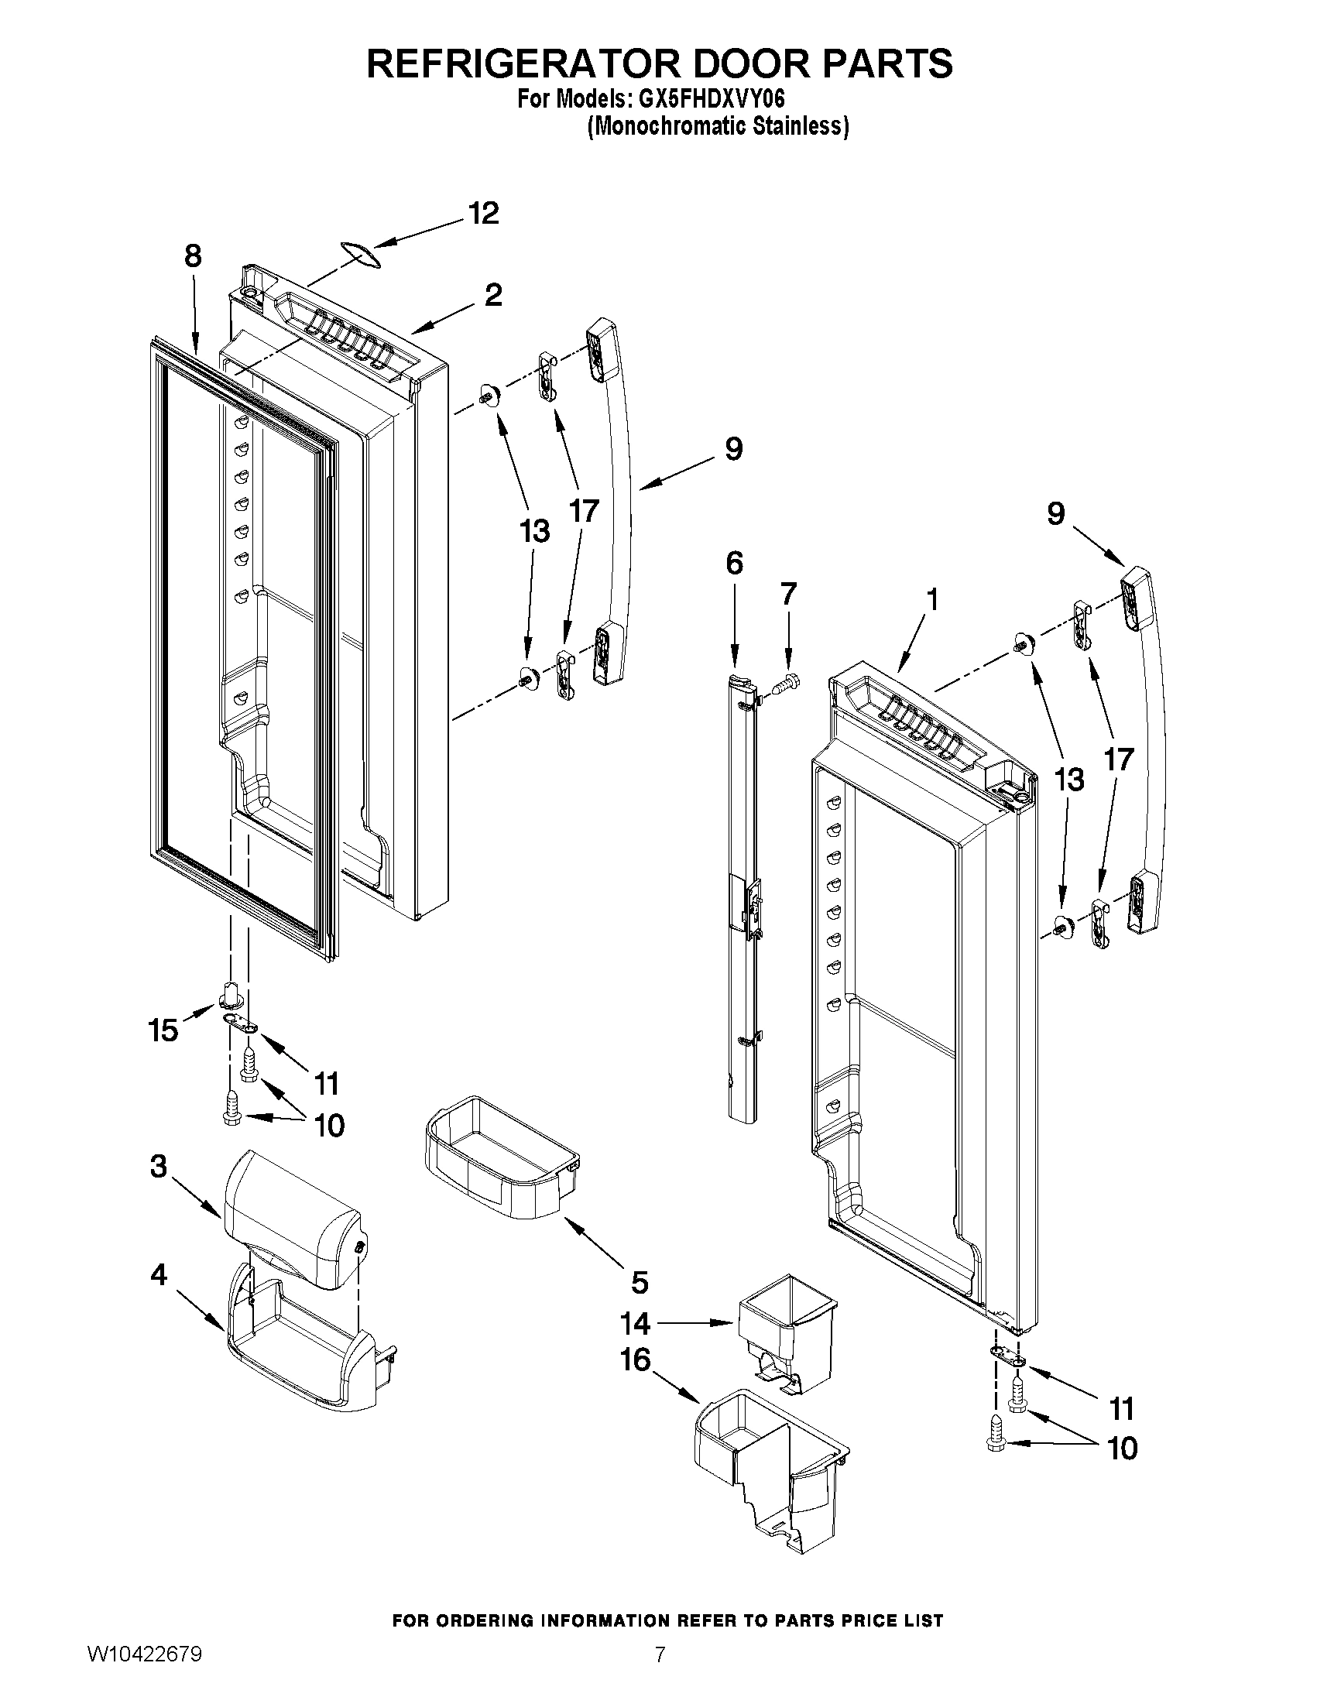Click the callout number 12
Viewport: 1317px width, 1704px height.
click(484, 213)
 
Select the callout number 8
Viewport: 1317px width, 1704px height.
click(193, 256)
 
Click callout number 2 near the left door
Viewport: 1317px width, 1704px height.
click(493, 295)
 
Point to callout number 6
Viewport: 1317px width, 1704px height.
click(734, 564)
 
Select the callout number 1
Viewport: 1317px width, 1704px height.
click(931, 600)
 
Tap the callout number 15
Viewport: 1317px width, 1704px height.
click(163, 1031)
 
